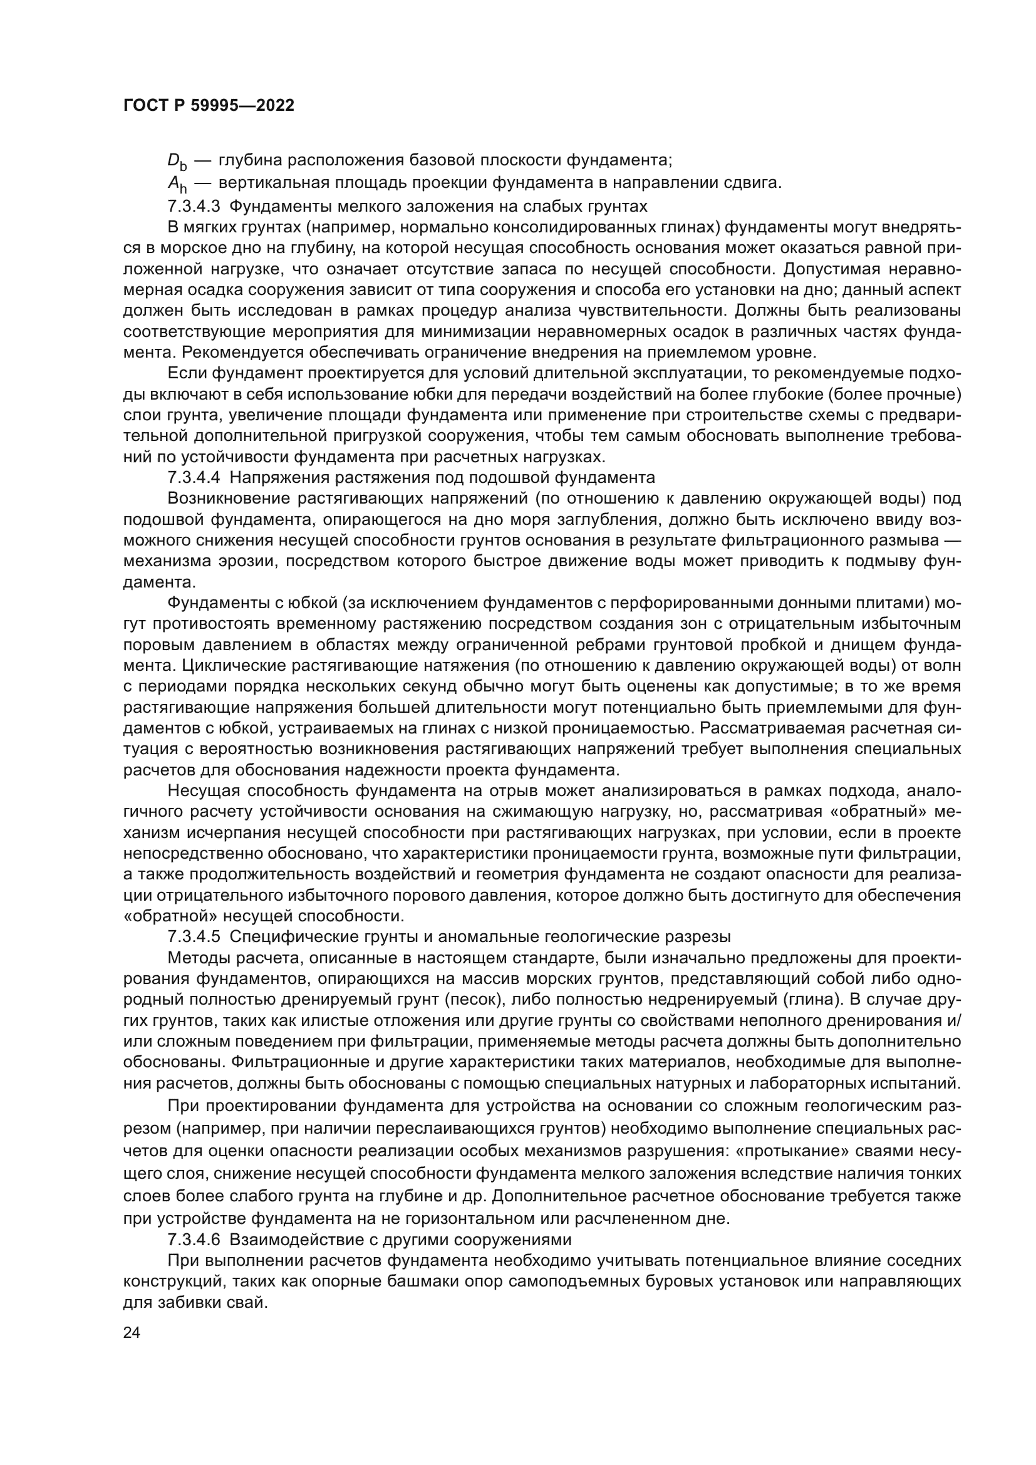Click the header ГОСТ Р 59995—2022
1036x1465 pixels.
tap(209, 106)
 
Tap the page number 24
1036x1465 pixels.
tap(132, 1332)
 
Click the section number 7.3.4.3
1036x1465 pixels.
tap(193, 206)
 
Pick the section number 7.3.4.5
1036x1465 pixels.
tap(193, 936)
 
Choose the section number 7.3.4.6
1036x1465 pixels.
tap(193, 1240)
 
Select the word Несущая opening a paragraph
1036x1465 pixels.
tap(203, 791)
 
